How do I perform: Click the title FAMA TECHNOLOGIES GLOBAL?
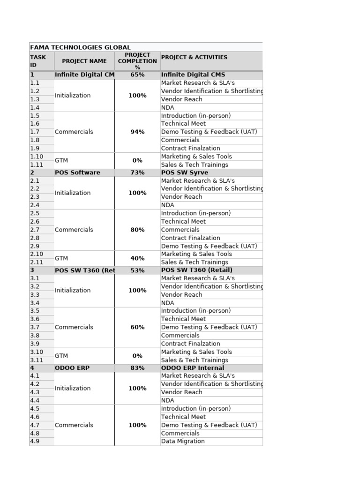pos(80,47)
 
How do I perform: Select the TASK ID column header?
pos(38,61)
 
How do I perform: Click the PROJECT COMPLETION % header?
pos(137,61)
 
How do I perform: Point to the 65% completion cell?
pos(137,75)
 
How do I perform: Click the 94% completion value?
pos(137,132)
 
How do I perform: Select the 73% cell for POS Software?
pos(137,172)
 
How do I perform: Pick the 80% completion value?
pos(137,230)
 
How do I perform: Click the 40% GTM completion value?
pos(137,258)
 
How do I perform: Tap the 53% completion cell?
pos(137,270)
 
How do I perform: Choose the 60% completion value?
pos(137,327)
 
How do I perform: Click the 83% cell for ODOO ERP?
pos(137,368)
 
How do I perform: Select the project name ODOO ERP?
pos(72,368)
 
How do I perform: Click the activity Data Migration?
pos(183,442)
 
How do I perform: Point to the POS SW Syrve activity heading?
pos(185,172)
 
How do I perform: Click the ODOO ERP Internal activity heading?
pos(193,368)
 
